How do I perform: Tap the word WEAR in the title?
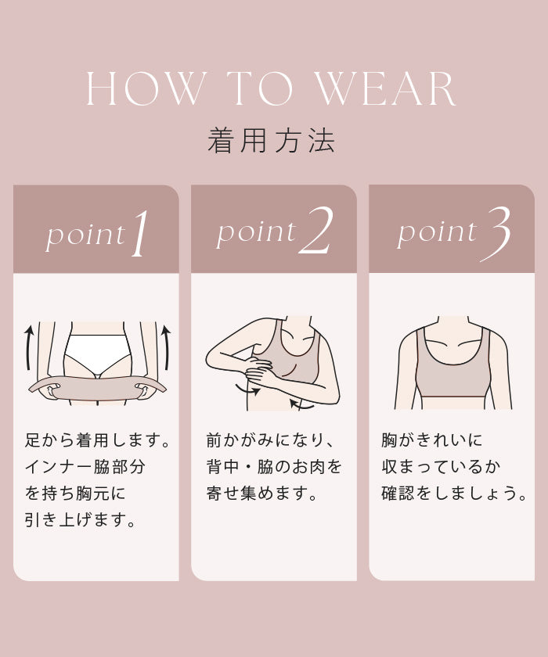click(386, 88)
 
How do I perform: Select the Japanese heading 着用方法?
click(272, 140)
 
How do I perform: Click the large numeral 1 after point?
click(140, 233)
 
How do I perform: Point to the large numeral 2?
click(315, 231)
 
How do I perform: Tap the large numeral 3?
click(496, 234)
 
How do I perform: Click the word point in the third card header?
click(438, 232)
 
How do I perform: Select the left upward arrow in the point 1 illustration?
click(28, 347)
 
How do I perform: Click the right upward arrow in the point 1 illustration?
click(166, 347)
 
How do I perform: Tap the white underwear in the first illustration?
click(97, 354)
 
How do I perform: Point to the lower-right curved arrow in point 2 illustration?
click(301, 404)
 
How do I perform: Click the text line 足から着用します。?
click(97, 440)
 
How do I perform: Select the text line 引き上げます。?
click(81, 519)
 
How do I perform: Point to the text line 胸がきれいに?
click(432, 440)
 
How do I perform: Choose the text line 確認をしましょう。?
click(454, 494)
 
